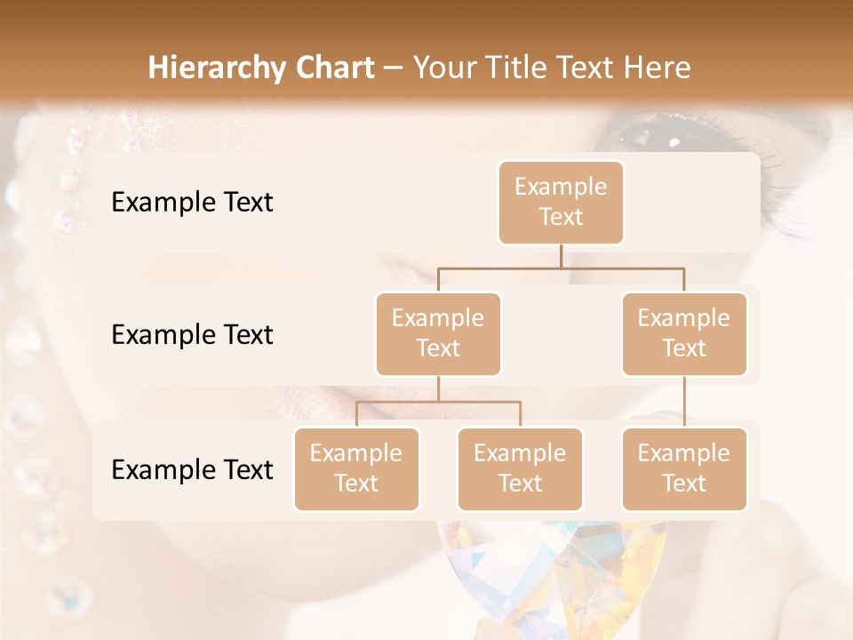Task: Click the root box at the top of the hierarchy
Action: click(x=561, y=203)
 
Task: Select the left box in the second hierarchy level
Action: click(x=438, y=334)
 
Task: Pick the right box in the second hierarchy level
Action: click(x=684, y=334)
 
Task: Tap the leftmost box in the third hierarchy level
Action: click(x=356, y=469)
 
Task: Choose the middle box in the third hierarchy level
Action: click(x=520, y=469)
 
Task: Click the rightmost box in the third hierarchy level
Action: click(x=684, y=469)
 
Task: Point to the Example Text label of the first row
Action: click(x=192, y=203)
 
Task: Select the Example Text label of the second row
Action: click(x=192, y=335)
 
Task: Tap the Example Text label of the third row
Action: click(x=192, y=470)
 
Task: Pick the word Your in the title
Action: click(x=444, y=68)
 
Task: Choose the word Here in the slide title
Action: click(x=656, y=68)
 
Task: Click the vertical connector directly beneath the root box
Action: click(x=561, y=256)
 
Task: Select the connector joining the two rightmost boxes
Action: click(x=684, y=402)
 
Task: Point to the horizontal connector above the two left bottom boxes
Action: click(x=438, y=402)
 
